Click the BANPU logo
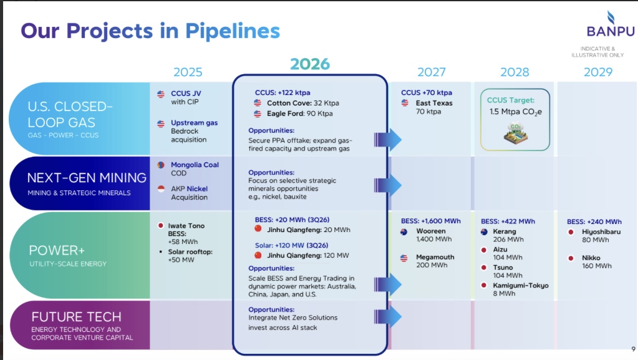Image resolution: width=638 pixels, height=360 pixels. pyautogui.click(x=610, y=24)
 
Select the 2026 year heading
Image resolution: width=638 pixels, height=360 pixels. pyautogui.click(x=310, y=64)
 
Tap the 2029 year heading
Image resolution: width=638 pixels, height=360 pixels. pyautogui.click(x=597, y=72)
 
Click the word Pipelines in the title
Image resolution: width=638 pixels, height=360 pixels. pyautogui.click(x=233, y=31)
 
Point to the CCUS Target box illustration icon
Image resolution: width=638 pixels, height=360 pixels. pyautogui.click(x=515, y=134)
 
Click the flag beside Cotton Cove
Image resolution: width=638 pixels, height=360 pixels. pyautogui.click(x=258, y=102)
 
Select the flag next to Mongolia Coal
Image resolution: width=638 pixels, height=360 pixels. pyautogui.click(x=161, y=165)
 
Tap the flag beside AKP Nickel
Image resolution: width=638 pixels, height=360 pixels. pyautogui.click(x=161, y=188)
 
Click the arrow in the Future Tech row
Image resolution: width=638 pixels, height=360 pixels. pyautogui.click(x=388, y=316)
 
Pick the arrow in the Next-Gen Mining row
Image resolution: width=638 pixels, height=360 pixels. pyautogui.click(x=388, y=185)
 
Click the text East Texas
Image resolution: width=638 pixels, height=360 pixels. pyautogui.click(x=433, y=103)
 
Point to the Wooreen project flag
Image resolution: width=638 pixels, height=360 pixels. pyautogui.click(x=404, y=231)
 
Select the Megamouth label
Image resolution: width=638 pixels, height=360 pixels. pyautogui.click(x=435, y=258)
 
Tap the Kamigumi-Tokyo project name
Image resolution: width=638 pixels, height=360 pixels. pyautogui.click(x=521, y=286)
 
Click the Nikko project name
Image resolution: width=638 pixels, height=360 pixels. pyautogui.click(x=591, y=258)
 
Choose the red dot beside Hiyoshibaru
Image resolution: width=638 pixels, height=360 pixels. pyautogui.click(x=571, y=232)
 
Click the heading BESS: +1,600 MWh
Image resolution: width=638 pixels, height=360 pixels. pyautogui.click(x=430, y=221)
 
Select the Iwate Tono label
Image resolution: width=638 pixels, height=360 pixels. pyautogui.click(x=186, y=226)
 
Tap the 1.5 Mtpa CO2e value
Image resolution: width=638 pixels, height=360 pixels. pyautogui.click(x=516, y=112)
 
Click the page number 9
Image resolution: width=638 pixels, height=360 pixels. pyautogui.click(x=633, y=349)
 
